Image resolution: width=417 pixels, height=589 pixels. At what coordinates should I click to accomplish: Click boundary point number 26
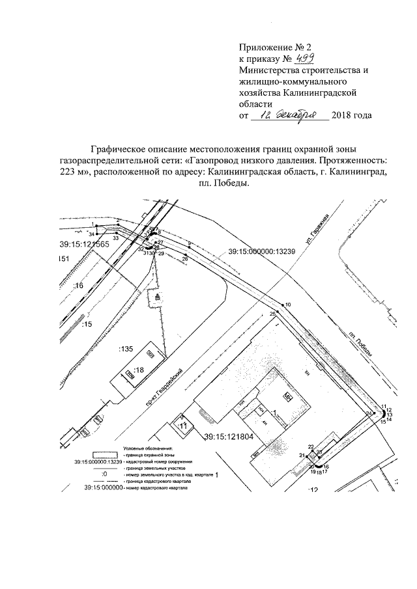[x=184, y=259]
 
